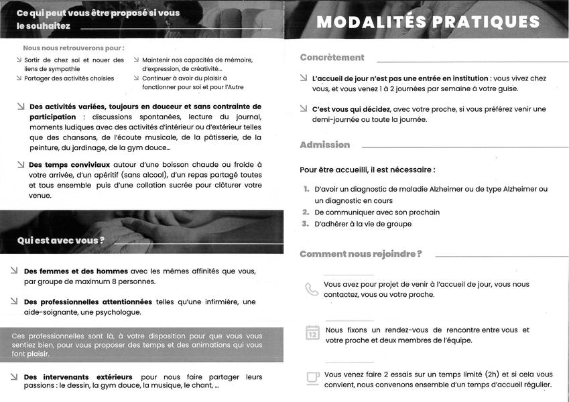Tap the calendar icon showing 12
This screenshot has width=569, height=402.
312,333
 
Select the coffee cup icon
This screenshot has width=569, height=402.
312,378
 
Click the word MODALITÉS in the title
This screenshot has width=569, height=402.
369,22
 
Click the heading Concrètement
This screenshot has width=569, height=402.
332,58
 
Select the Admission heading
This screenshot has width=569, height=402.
324,145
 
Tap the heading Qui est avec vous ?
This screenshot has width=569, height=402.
61,241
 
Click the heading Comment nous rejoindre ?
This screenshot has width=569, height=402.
361,254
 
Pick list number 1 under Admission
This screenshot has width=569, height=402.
306,190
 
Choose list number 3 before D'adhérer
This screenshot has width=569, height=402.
305,224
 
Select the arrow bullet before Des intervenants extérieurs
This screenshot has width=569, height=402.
14,377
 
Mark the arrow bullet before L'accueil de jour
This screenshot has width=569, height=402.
304,78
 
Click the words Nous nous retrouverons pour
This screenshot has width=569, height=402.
73,48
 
